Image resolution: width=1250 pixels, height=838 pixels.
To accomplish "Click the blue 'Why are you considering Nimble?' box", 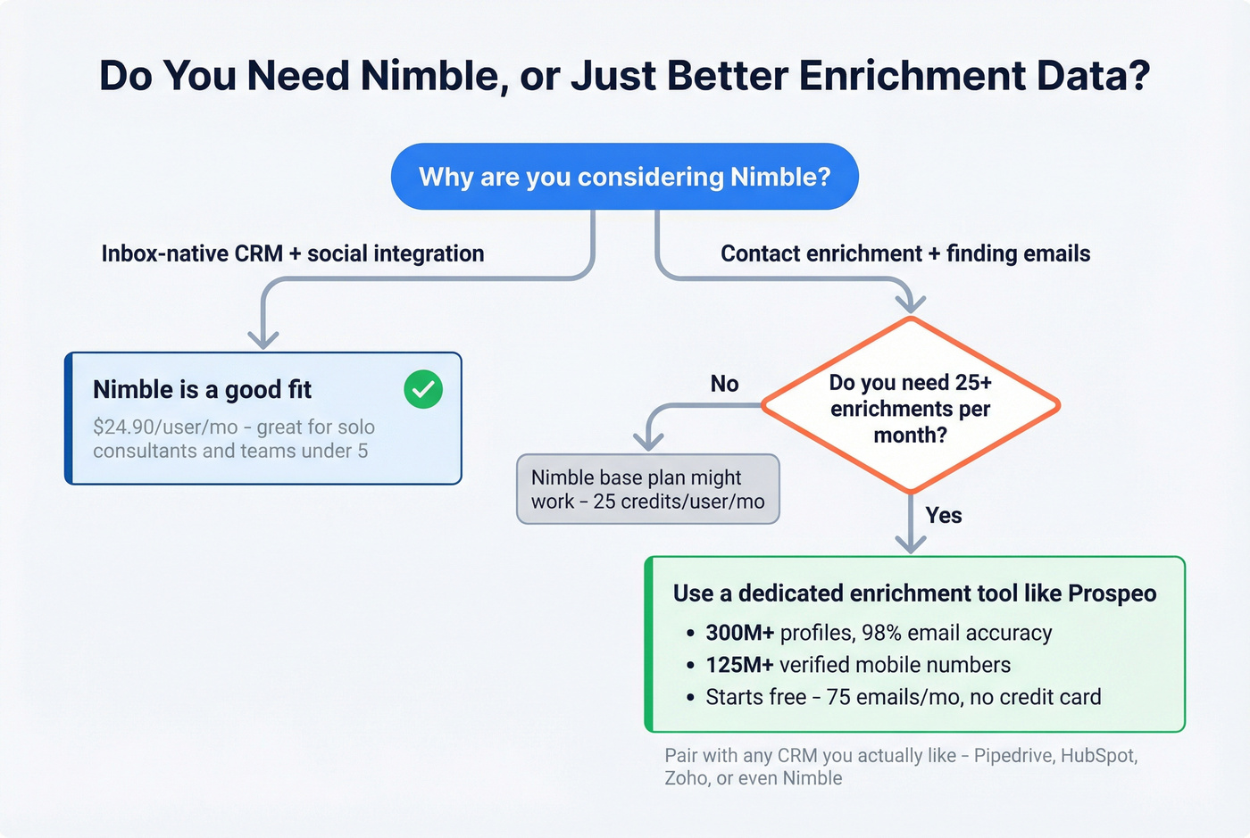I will [x=624, y=177].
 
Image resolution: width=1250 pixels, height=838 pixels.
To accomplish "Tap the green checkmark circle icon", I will [x=423, y=389].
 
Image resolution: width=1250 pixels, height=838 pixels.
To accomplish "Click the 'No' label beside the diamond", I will [x=724, y=384].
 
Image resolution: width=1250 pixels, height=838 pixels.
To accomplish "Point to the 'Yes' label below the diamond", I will [x=943, y=515].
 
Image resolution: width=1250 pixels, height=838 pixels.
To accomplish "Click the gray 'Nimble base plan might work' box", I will [x=647, y=489].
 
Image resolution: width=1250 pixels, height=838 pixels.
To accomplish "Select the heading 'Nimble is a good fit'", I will [x=202, y=389].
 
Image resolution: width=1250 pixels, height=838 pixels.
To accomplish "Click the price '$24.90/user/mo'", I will [x=165, y=427].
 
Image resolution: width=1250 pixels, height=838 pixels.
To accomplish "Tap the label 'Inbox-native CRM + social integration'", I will [x=292, y=253].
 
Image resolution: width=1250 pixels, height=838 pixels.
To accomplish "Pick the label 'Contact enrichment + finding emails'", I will [x=904, y=253].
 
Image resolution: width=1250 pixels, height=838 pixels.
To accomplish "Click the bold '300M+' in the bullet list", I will [x=739, y=633].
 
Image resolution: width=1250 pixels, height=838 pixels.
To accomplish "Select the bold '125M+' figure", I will [x=739, y=665].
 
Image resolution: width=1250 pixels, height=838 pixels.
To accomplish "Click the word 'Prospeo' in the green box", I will [x=1112, y=593].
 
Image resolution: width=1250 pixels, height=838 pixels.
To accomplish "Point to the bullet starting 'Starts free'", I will [x=902, y=697].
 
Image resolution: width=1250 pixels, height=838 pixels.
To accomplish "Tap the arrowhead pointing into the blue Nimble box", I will [x=263, y=340].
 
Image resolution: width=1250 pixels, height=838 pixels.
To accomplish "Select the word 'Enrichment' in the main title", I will [x=910, y=75].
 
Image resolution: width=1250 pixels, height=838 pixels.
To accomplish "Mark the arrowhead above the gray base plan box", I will [x=648, y=441].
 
